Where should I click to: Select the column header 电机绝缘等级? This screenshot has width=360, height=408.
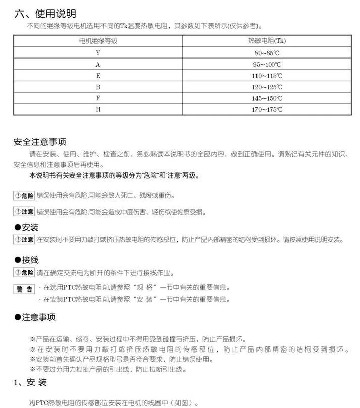click(98, 41)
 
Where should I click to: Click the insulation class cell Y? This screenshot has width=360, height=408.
click(98, 52)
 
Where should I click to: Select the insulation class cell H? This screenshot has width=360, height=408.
click(98, 109)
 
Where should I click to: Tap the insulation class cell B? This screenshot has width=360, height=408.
click(98, 87)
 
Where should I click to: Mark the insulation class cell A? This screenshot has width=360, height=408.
click(98, 64)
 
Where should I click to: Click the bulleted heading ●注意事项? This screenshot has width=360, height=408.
click(35, 317)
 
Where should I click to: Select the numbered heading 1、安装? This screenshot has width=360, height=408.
click(30, 383)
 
